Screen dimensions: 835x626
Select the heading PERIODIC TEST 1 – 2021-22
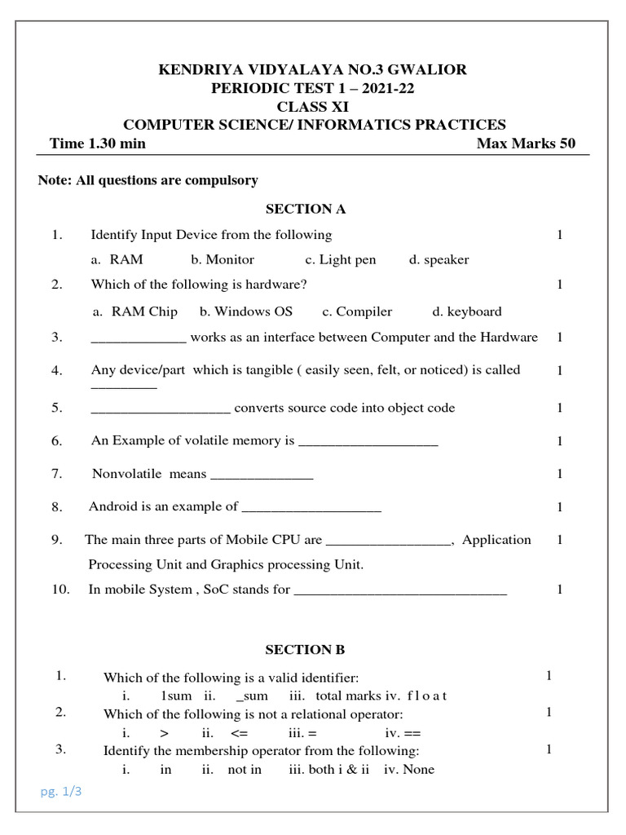[x=314, y=89]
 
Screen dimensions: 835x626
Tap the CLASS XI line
[x=314, y=107]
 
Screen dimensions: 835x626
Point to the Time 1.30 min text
[x=98, y=144]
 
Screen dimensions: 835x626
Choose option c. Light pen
[x=341, y=260]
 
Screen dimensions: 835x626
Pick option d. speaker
[x=439, y=260]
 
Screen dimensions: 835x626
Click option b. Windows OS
[x=246, y=311]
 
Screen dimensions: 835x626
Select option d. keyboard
[x=467, y=311]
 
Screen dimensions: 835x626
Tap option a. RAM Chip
[x=135, y=311]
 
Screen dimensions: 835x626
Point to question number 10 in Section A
[x=60, y=590]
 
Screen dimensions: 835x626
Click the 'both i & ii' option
[x=324, y=770]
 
